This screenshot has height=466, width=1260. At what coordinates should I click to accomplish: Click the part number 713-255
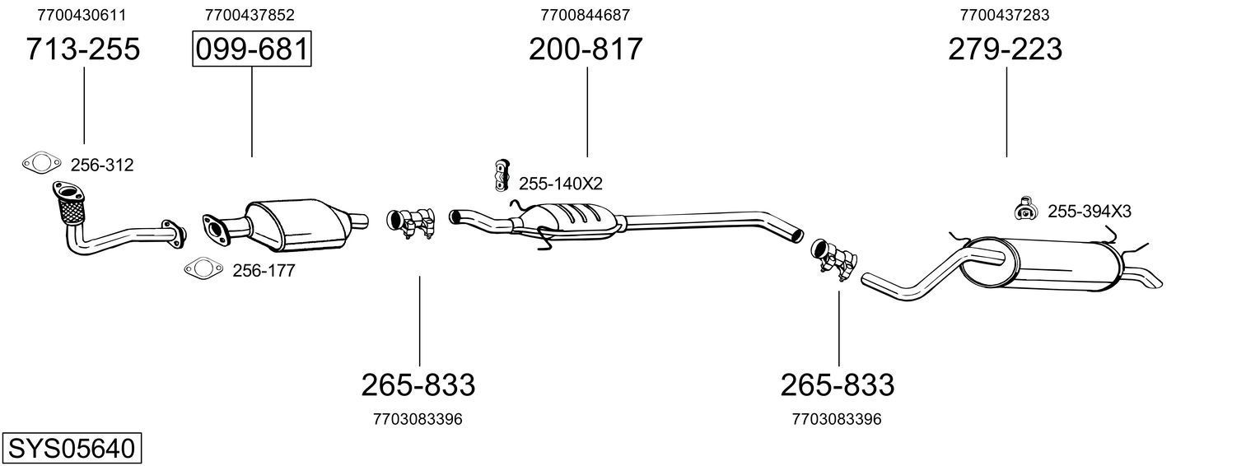pos(83,49)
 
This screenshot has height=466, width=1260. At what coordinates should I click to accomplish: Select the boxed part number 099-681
pos(251,49)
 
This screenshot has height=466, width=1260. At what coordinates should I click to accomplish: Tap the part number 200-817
pos(586,49)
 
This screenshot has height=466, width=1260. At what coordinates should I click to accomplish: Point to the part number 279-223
pos(1005,49)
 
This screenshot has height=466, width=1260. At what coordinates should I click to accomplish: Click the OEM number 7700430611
pos(82,15)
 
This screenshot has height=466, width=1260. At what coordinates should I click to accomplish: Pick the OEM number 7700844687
pos(586,15)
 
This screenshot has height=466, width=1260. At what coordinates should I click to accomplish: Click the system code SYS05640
pos(71,449)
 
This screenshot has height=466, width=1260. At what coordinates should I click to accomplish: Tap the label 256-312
pos(101,165)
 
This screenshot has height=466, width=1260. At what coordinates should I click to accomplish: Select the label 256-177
pos(264,270)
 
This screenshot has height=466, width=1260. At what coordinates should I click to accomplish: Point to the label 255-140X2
pos(560,184)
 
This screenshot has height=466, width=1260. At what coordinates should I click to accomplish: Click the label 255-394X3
pos(1089,212)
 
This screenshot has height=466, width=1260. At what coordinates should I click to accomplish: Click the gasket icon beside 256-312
pos(41,164)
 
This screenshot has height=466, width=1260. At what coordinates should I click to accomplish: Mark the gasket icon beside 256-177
pos(203,268)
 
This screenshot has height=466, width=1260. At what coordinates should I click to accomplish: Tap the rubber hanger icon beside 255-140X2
pos(500,175)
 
